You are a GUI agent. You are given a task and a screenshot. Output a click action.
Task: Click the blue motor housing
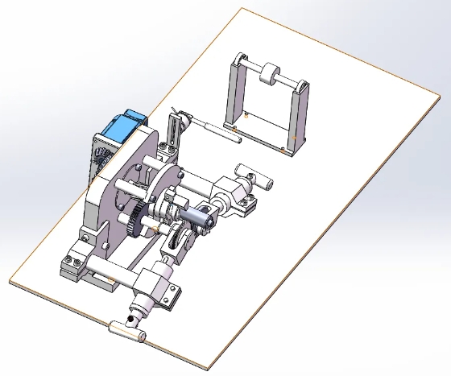click(x=123, y=129)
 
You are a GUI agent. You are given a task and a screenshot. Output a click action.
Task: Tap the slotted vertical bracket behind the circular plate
click(x=175, y=133)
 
